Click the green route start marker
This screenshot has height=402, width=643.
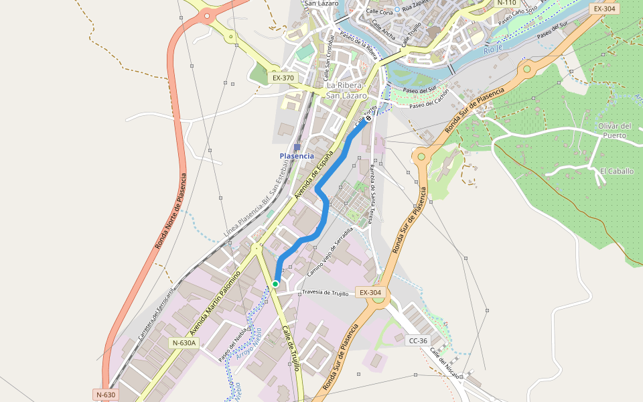point(275,284)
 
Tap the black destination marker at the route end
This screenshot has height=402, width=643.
point(368,118)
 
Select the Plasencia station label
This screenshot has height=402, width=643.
point(297,156)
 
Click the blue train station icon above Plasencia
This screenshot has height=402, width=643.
point(297,147)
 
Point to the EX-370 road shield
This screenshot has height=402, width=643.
point(283,78)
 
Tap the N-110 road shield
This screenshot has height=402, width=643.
point(506,3)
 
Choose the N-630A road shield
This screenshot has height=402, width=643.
point(184,343)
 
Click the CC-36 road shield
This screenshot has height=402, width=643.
point(418,340)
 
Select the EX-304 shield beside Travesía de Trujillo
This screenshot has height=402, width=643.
point(370,293)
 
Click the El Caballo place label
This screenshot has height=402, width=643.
point(616,171)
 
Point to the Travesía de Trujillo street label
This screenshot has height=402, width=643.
point(326,293)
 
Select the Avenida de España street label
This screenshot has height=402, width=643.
point(314,176)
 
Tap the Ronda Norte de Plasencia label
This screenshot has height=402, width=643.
point(171,211)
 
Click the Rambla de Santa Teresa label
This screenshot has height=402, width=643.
point(370,194)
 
